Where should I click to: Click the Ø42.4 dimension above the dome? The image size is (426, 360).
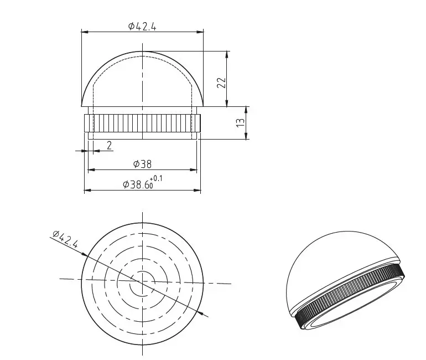[x=142, y=27]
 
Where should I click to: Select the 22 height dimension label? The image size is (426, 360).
[x=221, y=83]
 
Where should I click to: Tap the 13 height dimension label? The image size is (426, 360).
[x=241, y=122]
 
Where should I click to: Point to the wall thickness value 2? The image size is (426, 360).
[x=109, y=146]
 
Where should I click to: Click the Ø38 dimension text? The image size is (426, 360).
[x=142, y=164]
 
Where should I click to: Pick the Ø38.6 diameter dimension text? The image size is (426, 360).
[x=137, y=184]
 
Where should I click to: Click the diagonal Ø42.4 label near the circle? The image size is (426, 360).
[x=65, y=239]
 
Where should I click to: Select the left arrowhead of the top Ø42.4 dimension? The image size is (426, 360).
[x=85, y=32]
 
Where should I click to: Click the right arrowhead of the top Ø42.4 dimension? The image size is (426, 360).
[x=200, y=32]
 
